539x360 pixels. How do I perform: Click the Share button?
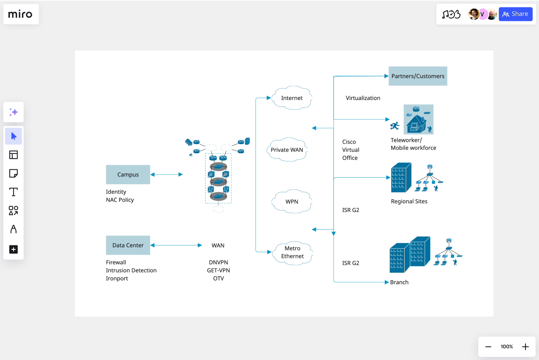pyautogui.click(x=515, y=14)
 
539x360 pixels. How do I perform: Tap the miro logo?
pyautogui.click(x=21, y=14)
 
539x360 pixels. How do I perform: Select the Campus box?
pyautogui.click(x=128, y=175)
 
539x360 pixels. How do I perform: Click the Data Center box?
pyautogui.click(x=128, y=245)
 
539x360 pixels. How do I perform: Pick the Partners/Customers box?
pyautogui.click(x=418, y=76)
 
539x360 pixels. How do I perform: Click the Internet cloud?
pyautogui.click(x=292, y=98)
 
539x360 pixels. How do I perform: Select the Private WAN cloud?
pyautogui.click(x=287, y=150)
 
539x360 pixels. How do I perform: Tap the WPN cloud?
pyautogui.click(x=292, y=202)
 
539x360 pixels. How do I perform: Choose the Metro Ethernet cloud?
pyautogui.click(x=292, y=252)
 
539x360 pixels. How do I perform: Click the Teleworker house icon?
pyautogui.click(x=418, y=120)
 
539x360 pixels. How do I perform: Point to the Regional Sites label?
pyautogui.click(x=409, y=202)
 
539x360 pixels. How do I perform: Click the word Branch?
pyautogui.click(x=399, y=282)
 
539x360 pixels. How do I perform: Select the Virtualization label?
pyautogui.click(x=363, y=98)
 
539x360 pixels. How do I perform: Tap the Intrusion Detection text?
pyautogui.click(x=131, y=270)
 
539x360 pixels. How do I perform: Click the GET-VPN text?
pyautogui.click(x=218, y=270)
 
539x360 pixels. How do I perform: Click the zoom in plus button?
pyautogui.click(x=526, y=347)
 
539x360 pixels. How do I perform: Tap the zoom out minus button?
pyautogui.click(x=488, y=347)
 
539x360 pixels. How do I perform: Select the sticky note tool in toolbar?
pyautogui.click(x=13, y=173)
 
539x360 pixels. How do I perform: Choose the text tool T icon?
pyautogui.click(x=13, y=192)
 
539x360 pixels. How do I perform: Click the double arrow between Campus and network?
pyautogui.click(x=167, y=175)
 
